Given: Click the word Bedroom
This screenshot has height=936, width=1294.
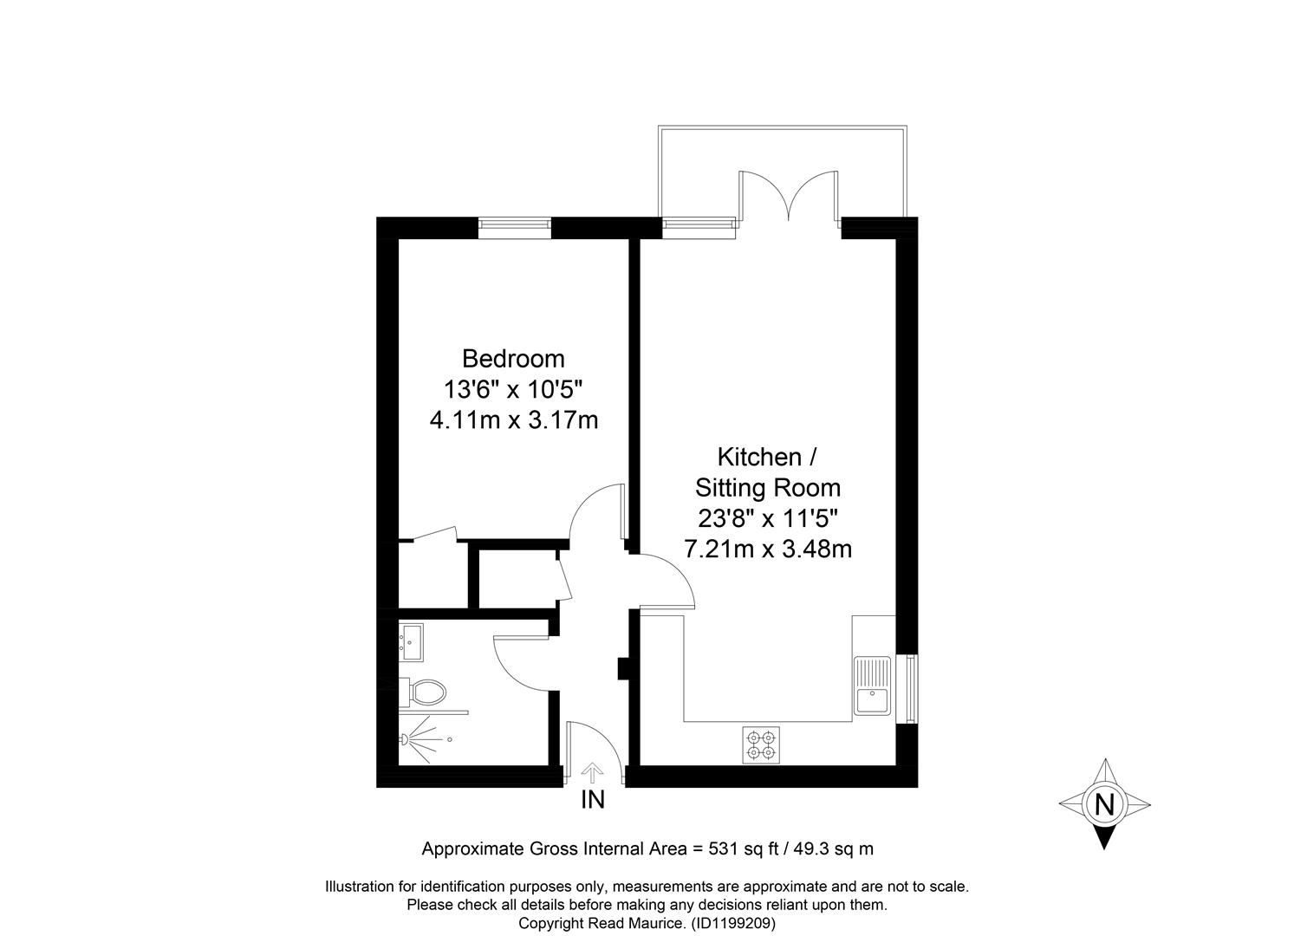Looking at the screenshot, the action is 513,359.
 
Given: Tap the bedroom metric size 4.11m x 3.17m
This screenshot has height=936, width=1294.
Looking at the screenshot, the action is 514,420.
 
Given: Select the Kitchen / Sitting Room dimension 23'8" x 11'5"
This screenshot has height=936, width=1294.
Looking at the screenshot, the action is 768,518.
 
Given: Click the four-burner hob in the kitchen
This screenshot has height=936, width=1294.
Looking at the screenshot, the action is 761,744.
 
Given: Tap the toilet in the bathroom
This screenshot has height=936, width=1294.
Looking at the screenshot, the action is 424,691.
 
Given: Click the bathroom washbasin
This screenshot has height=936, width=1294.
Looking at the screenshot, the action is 412,641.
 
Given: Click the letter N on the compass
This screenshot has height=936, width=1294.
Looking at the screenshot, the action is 1104,804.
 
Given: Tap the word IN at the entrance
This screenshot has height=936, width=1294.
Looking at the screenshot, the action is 593,800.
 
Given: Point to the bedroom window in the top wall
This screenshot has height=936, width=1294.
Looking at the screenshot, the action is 515,228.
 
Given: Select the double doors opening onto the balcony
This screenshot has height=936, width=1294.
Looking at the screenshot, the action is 789,197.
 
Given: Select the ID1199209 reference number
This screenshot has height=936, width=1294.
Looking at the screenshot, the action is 733,923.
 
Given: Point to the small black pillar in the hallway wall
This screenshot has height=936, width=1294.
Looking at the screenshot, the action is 623,668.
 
